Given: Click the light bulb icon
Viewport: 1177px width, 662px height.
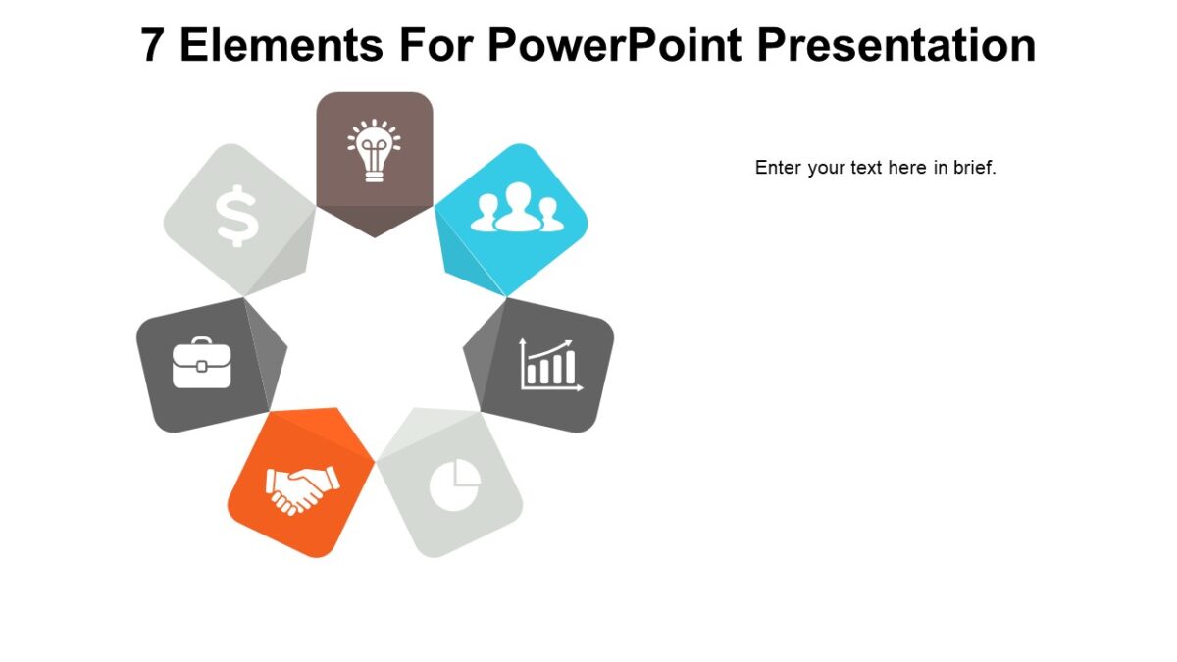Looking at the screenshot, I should [x=374, y=150].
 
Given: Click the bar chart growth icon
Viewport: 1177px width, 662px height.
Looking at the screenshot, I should [x=550, y=365].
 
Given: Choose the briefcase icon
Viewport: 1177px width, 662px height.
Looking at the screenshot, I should [x=202, y=363].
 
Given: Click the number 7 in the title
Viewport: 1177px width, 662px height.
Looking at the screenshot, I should [x=153, y=45].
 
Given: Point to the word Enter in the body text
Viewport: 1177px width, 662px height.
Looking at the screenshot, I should [x=778, y=168].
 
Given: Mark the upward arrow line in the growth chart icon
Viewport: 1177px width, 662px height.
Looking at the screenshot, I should [x=551, y=350].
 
